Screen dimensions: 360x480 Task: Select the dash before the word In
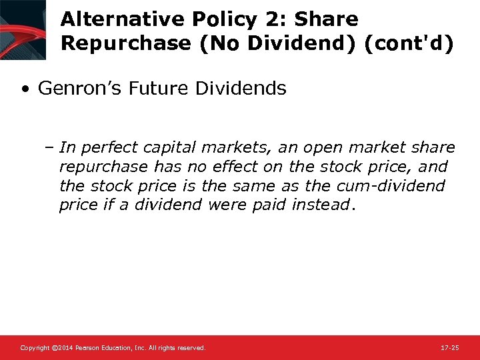51,147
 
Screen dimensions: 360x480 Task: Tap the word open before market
324,147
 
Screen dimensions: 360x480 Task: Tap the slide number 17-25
450,348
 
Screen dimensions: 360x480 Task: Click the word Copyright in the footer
35,348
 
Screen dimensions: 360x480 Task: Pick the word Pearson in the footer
87,348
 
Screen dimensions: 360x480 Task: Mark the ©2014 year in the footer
62,348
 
